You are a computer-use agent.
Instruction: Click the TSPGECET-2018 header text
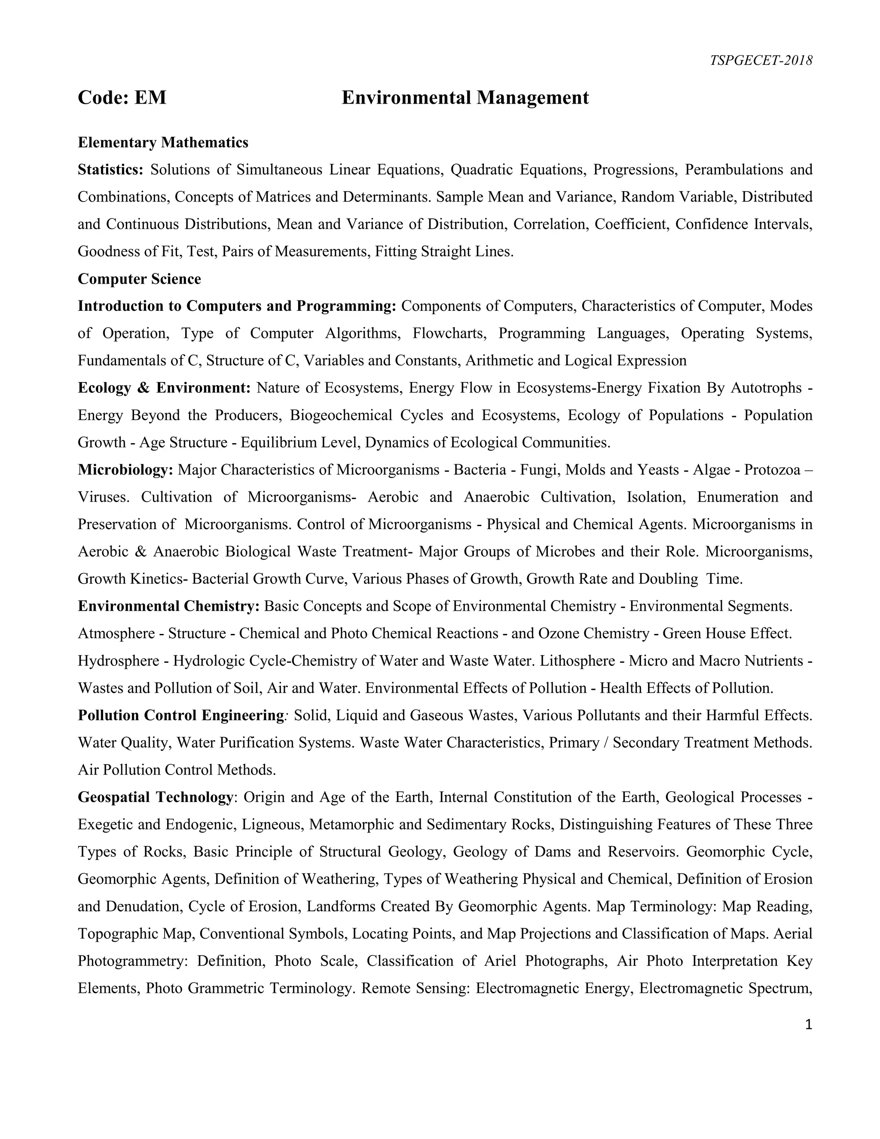pyautogui.click(x=761, y=61)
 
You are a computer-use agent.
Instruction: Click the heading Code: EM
pyautogui.click(x=122, y=98)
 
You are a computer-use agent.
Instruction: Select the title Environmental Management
pyautogui.click(x=465, y=98)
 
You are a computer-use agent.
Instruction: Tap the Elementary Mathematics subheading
pyautogui.click(x=163, y=142)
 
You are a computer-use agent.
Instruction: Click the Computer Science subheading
pyautogui.click(x=139, y=279)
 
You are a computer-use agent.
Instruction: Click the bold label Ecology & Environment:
pyautogui.click(x=164, y=388)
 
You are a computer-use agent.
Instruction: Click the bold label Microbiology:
pyautogui.click(x=125, y=470)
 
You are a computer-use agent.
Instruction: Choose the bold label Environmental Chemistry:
pyautogui.click(x=168, y=606)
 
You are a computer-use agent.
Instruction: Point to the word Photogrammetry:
pyautogui.click(x=132, y=961)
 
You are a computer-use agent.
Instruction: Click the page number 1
pyautogui.click(x=809, y=1025)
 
